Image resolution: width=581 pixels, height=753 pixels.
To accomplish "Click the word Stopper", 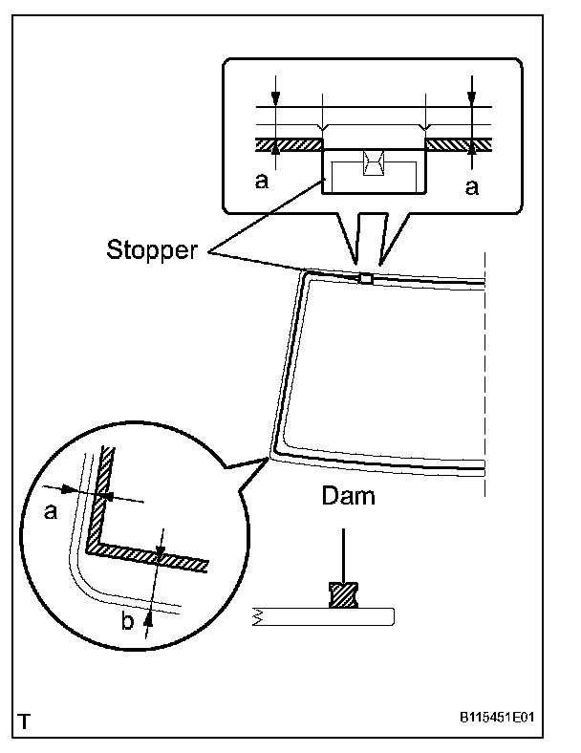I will (x=152, y=251).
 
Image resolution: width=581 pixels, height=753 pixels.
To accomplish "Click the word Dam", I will (x=347, y=497).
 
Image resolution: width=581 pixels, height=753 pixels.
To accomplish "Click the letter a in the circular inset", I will (x=51, y=511).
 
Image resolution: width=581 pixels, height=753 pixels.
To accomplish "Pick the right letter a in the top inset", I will (x=470, y=187).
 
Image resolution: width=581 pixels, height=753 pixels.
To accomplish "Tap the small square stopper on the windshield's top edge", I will (x=365, y=279).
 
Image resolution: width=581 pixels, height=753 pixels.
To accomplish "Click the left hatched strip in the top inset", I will (x=290, y=144).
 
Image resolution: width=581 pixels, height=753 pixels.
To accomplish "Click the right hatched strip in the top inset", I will (x=458, y=144).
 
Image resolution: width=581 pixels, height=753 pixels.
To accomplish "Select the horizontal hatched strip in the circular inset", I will (x=148, y=557).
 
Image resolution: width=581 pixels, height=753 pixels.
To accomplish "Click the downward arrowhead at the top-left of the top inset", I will (x=275, y=98).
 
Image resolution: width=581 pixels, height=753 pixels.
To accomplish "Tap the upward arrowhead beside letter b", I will (x=147, y=615).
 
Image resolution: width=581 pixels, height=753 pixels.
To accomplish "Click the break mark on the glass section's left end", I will (x=258, y=616).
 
